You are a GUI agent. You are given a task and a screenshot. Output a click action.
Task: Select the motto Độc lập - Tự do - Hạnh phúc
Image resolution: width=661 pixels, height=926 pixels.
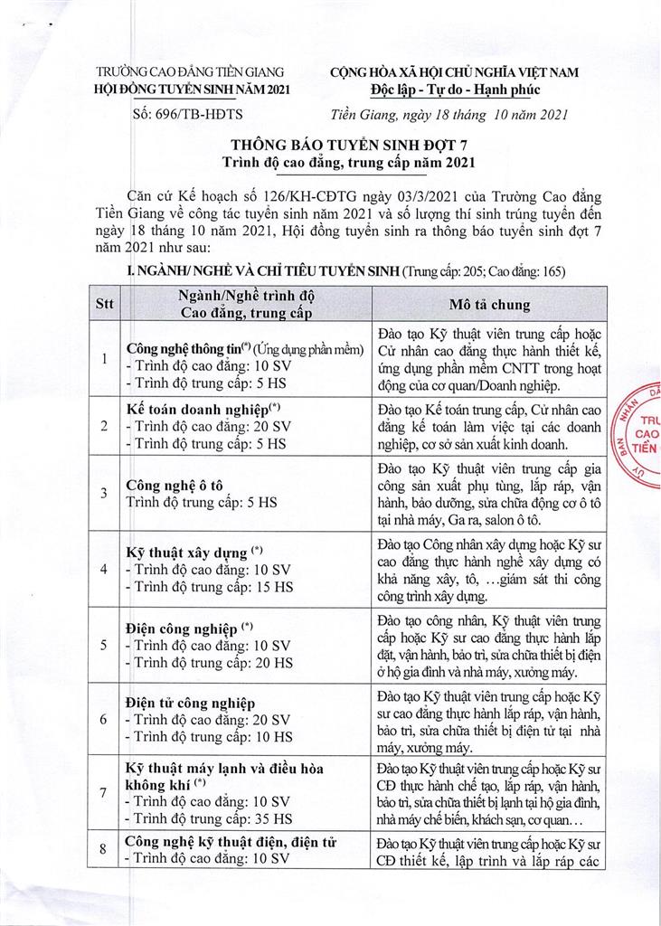(x=467, y=90)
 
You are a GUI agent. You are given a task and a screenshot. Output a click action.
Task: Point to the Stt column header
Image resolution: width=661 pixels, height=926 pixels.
(x=106, y=306)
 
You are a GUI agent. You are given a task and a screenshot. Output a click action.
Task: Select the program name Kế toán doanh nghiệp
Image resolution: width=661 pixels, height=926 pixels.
(x=195, y=409)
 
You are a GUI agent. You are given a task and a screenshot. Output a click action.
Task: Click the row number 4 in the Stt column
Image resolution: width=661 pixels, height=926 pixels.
(x=105, y=570)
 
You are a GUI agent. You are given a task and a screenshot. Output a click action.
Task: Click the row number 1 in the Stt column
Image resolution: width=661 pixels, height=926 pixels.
(x=105, y=359)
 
